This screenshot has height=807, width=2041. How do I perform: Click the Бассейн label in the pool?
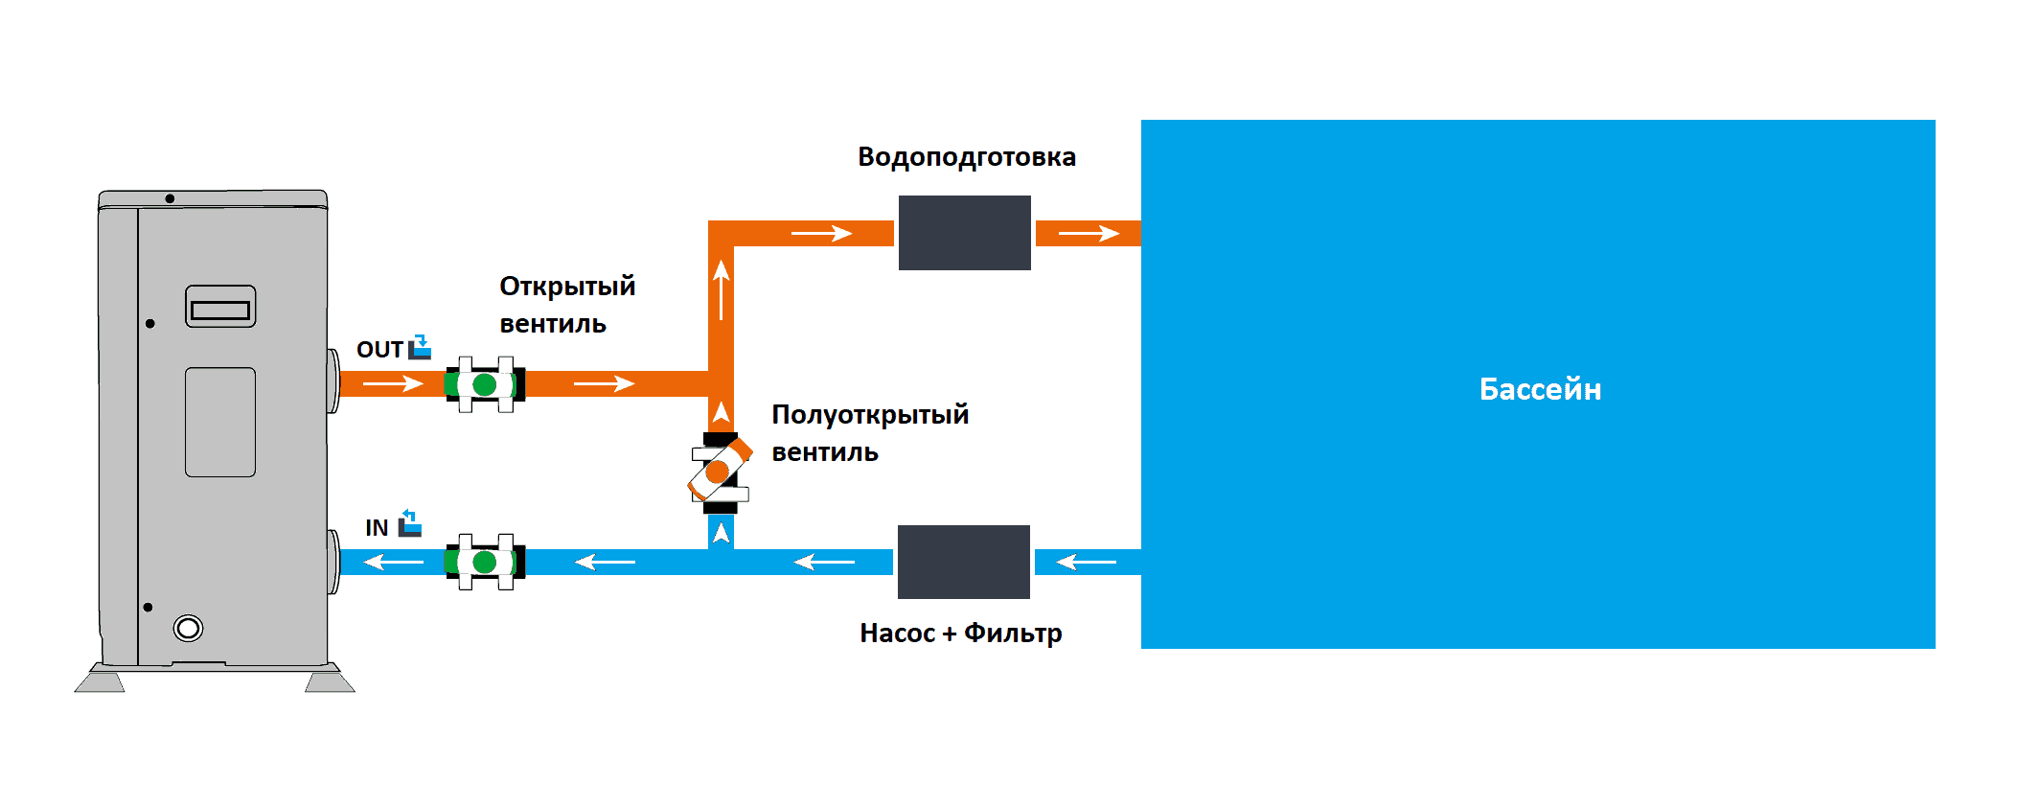coord(1540,388)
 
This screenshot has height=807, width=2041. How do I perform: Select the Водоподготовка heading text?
coord(967,157)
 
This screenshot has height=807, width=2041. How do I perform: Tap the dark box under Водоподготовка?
coord(964,233)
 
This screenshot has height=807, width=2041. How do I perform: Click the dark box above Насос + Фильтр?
coord(963,562)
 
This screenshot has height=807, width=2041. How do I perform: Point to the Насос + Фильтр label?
coord(961,634)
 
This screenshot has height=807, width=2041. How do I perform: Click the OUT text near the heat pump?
coord(379,349)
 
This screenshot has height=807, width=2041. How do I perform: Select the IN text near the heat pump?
coord(377,527)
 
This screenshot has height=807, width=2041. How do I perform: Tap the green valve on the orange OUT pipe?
coord(485,384)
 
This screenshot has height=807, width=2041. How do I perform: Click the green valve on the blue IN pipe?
coord(485,562)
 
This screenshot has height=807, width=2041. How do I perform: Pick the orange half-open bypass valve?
coord(720,471)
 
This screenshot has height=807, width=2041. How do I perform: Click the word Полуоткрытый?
coord(870,415)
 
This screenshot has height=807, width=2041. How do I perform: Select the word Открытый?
coord(567,286)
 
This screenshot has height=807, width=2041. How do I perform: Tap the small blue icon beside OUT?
coord(420,347)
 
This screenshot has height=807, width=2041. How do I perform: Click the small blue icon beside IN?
coord(410,523)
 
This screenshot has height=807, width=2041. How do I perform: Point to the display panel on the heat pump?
coord(220,307)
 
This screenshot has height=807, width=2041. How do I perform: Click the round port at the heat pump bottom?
coord(188,628)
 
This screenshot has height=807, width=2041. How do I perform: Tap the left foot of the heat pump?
coord(100,681)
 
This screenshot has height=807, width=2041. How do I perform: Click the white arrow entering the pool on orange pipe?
coord(1089,233)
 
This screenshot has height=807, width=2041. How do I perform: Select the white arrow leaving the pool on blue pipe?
coord(1086,562)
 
